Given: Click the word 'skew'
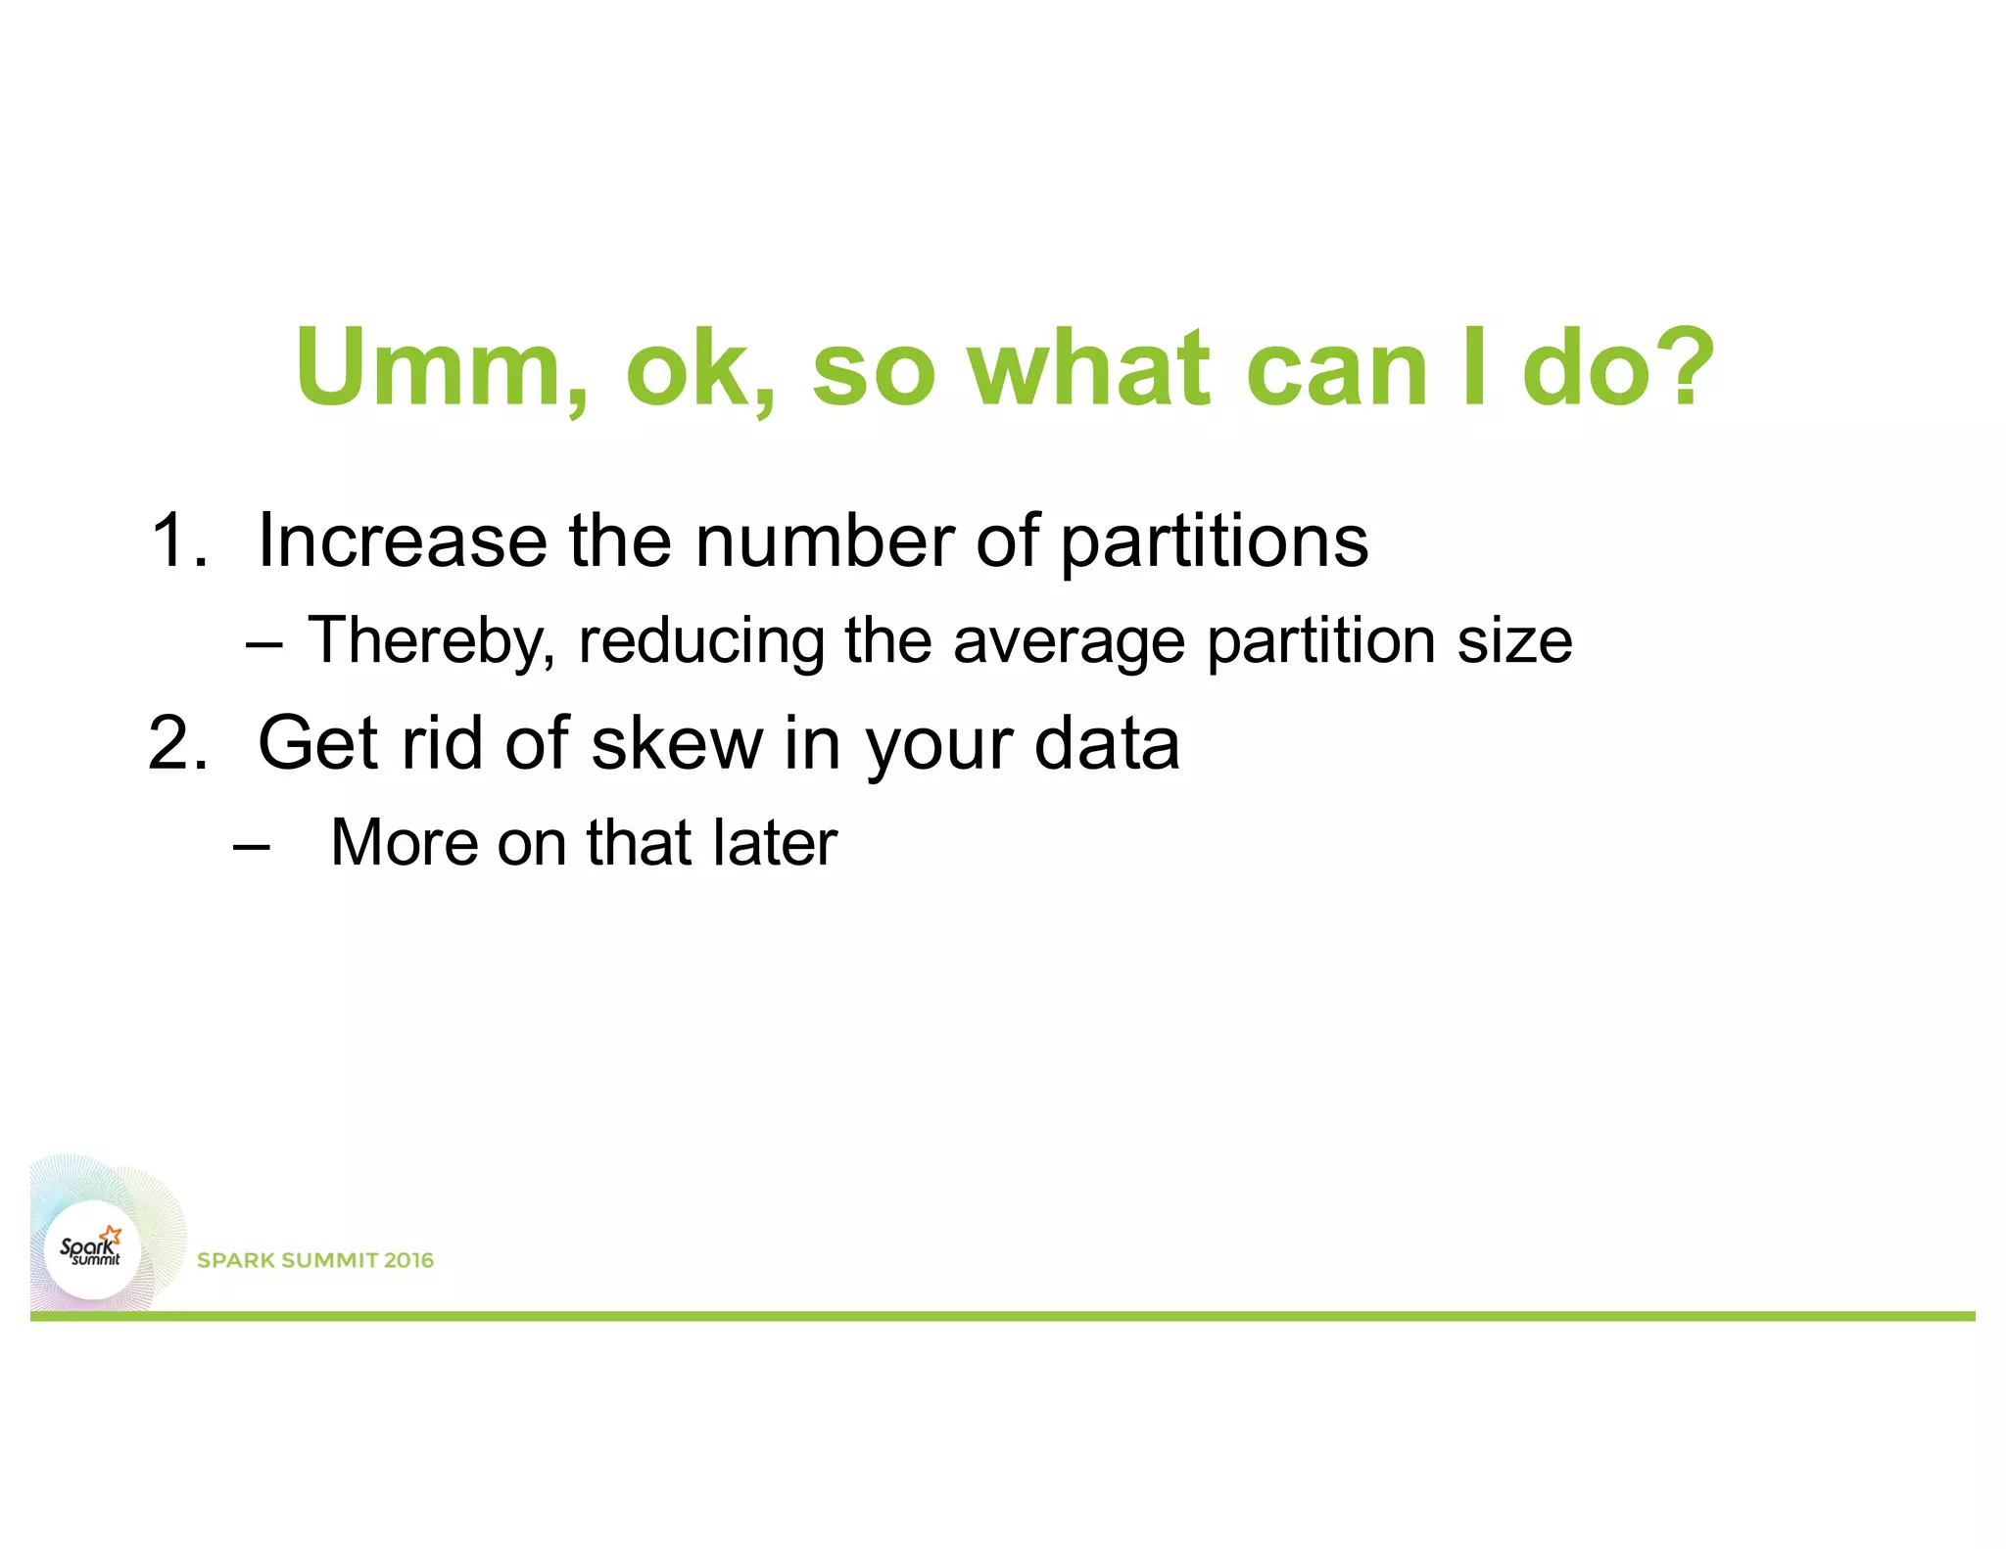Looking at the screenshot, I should pyautogui.click(x=677, y=743).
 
